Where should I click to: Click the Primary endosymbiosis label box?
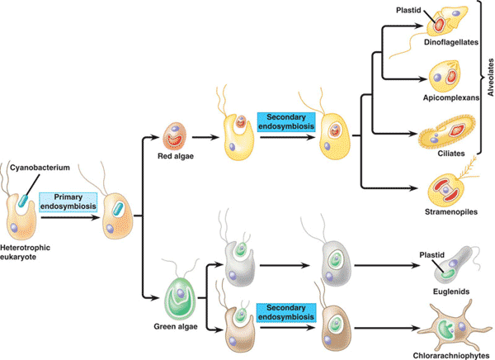(x=70, y=201)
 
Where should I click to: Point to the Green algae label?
(x=175, y=324)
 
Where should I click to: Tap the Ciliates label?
(x=449, y=154)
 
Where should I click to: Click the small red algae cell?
(x=176, y=134)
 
